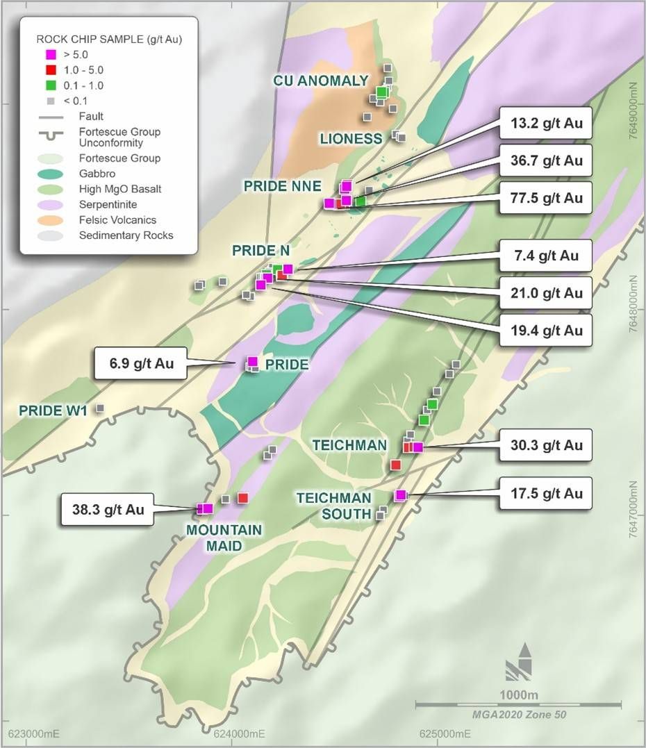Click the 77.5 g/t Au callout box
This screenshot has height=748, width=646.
click(x=545, y=198)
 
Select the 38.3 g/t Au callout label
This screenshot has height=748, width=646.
click(x=106, y=509)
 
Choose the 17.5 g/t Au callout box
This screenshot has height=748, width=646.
click(x=545, y=493)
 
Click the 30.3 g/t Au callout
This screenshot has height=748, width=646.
click(x=545, y=444)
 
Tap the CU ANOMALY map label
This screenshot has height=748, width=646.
click(x=320, y=81)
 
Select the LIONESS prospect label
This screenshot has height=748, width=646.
click(x=351, y=139)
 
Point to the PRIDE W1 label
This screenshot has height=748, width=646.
click(x=52, y=410)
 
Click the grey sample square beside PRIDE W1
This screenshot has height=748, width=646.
click(x=100, y=408)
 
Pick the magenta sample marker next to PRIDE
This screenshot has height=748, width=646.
click(x=252, y=361)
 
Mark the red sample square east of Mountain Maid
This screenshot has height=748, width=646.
click(x=242, y=498)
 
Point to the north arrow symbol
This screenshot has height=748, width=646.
click(x=519, y=663)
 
